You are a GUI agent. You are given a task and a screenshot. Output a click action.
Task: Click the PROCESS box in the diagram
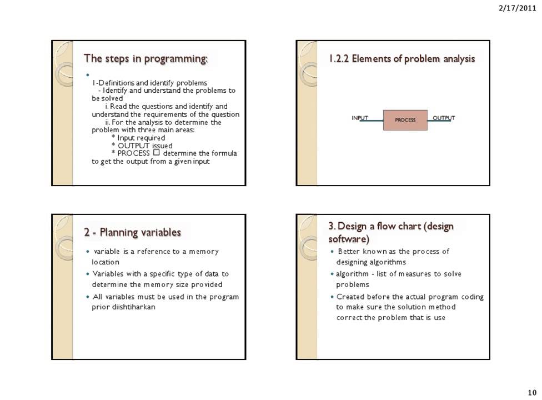(x=405, y=120)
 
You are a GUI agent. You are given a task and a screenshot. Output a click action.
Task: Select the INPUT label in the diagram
(x=360, y=118)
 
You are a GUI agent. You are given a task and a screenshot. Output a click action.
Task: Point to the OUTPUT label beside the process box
(x=444, y=118)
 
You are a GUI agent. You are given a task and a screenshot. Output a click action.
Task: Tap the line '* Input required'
(x=138, y=138)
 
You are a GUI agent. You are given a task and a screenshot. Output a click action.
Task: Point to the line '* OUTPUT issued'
(x=142, y=146)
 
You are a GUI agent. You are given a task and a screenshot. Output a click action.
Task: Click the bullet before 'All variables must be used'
(x=88, y=297)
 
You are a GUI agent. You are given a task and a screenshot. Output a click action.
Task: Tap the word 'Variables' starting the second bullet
(x=107, y=274)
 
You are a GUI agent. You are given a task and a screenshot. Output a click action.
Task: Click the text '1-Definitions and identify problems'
(x=149, y=83)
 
